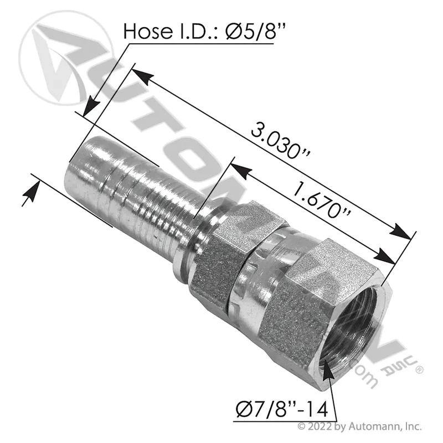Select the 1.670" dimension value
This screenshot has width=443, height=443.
coord(321,200)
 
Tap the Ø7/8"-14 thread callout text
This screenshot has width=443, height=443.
coord(282,409)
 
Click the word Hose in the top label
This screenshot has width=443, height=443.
coord(148,30)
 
